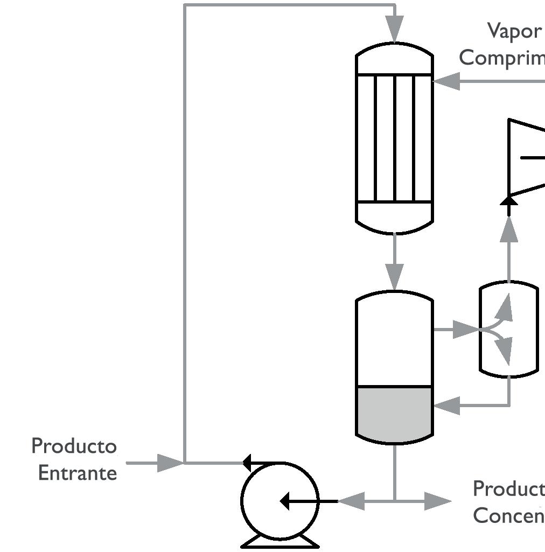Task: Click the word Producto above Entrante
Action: click(74, 446)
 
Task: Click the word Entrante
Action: click(78, 473)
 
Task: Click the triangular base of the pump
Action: click(280, 542)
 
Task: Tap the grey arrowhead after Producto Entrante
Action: click(169, 463)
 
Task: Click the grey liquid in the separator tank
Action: click(395, 412)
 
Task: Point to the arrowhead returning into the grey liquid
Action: click(446, 405)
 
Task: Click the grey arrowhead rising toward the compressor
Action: click(509, 230)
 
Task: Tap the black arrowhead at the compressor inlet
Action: click(509, 201)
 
